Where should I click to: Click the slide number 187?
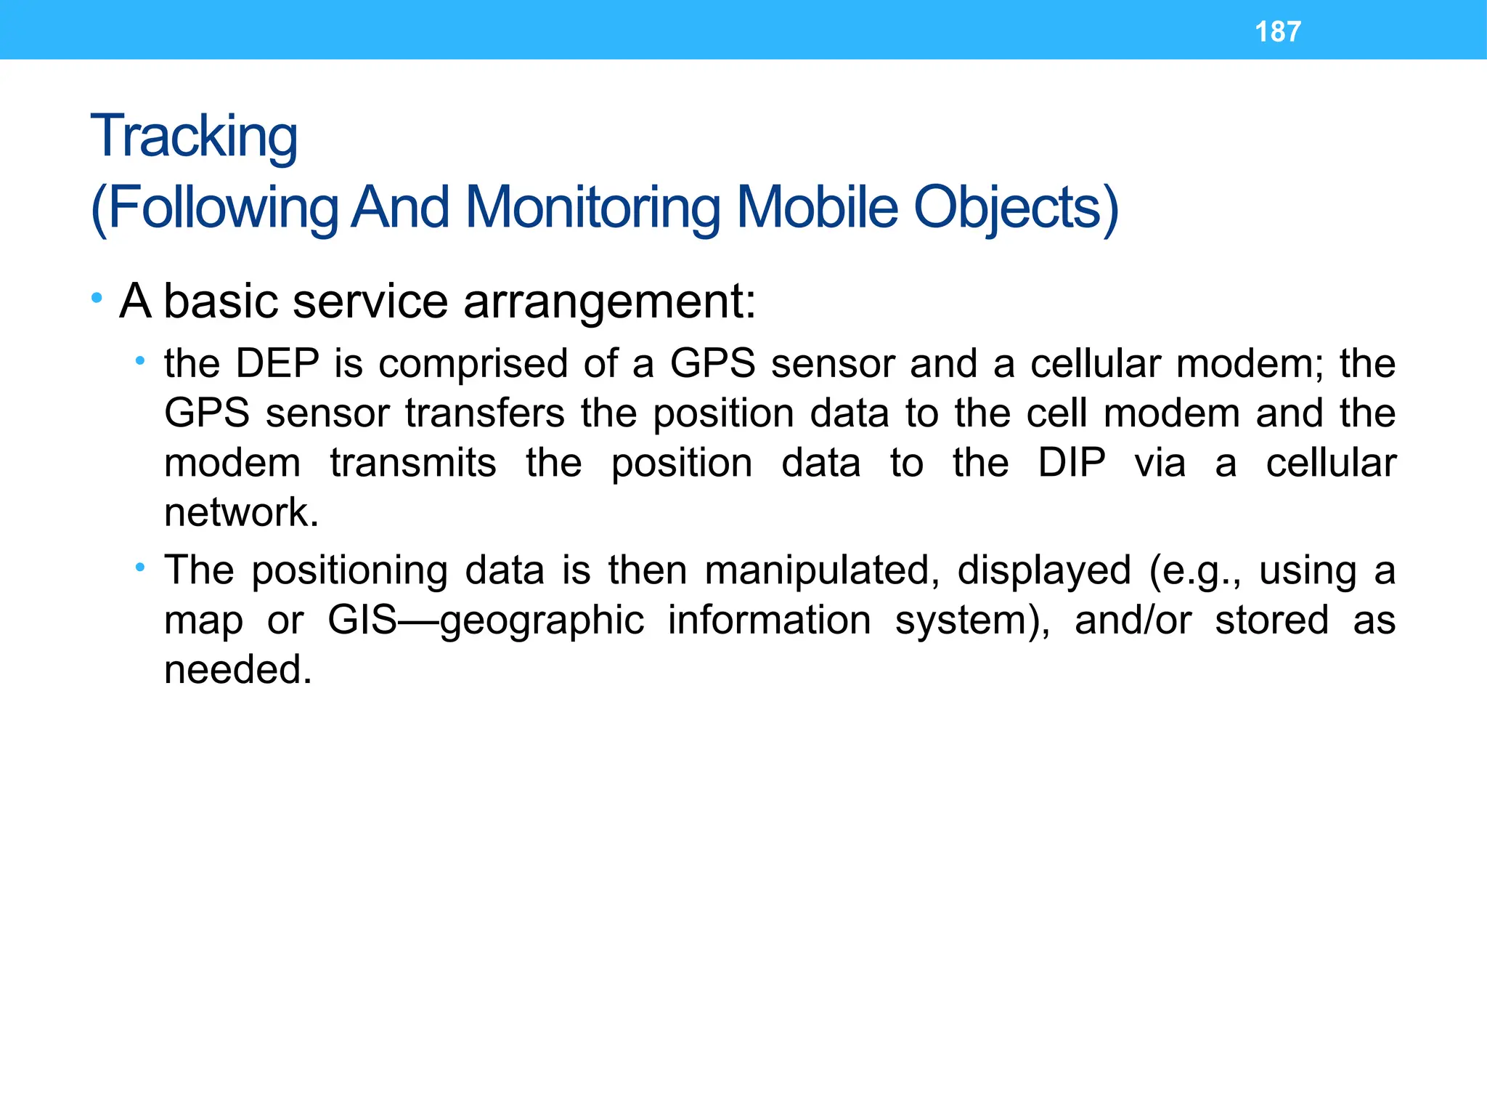[1277, 32]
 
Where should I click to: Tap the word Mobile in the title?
[817, 207]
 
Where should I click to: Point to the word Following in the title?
[222, 209]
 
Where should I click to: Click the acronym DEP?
[278, 363]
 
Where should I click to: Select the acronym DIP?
[1072, 463]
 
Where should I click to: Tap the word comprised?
[473, 365]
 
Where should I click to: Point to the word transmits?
[413, 463]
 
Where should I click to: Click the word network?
[241, 512]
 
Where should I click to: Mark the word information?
[770, 620]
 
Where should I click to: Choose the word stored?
[1272, 620]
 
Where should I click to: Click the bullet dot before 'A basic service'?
[97, 298]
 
